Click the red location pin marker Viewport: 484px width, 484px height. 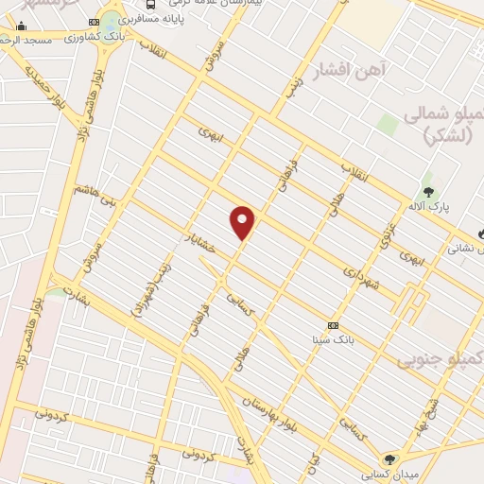[x=243, y=222]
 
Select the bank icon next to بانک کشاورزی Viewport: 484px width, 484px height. [x=94, y=22]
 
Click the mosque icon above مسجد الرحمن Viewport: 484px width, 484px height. [x=21, y=26]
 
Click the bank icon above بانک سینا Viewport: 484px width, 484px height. [x=332, y=324]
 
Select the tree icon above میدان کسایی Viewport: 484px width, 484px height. [x=389, y=459]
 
